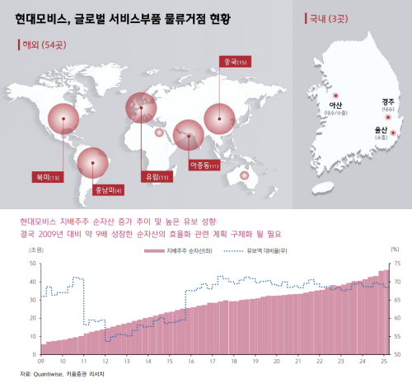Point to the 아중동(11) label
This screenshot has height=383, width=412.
tap(204, 166)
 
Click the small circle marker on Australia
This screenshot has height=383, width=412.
tap(244, 174)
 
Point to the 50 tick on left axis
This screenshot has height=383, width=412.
tap(32, 263)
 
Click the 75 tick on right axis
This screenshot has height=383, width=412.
tap(397, 263)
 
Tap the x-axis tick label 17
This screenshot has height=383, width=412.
tap(213, 360)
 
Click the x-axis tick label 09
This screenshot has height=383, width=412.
tap(40, 360)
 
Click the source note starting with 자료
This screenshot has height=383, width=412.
tap(58, 375)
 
